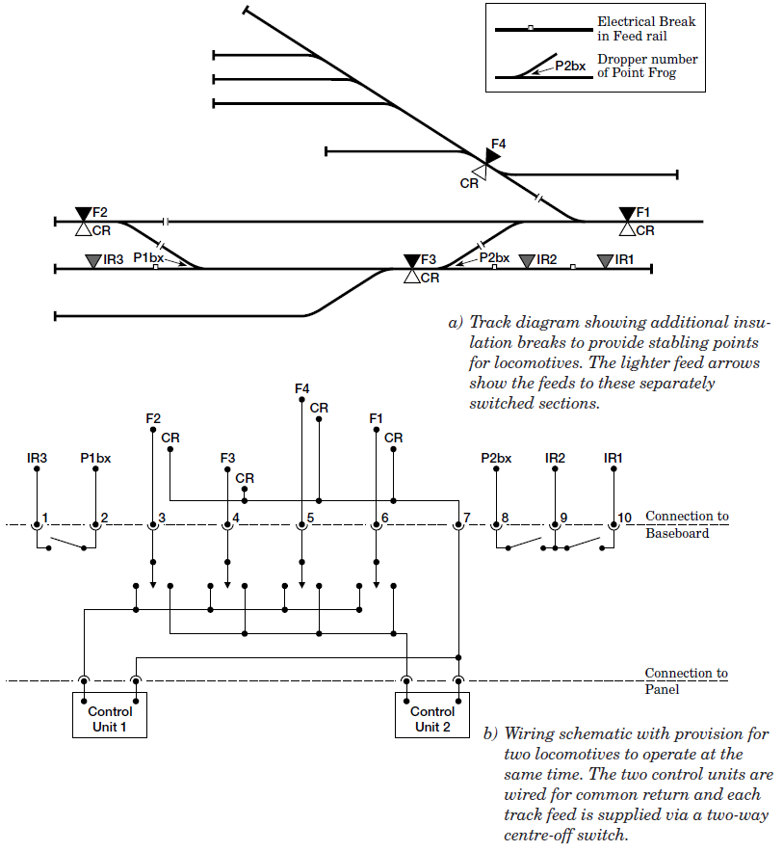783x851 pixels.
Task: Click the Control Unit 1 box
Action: (x=110, y=714)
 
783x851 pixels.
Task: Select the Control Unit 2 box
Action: (x=432, y=714)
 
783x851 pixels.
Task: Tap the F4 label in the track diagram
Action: (x=497, y=146)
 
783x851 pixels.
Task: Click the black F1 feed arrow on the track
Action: (x=627, y=213)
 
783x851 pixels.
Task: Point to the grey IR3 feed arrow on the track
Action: (x=92, y=260)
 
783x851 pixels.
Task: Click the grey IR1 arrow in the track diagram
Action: (x=604, y=260)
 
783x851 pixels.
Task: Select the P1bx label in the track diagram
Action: (x=147, y=258)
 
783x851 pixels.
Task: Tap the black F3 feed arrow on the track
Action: (x=412, y=260)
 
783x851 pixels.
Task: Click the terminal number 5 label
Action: (x=310, y=519)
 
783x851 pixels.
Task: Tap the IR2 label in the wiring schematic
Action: (x=555, y=458)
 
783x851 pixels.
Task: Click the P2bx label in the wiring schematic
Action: (x=496, y=458)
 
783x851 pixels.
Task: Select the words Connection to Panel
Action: (x=686, y=680)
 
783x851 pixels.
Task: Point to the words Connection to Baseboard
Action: (x=686, y=524)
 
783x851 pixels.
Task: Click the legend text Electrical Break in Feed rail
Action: (x=646, y=28)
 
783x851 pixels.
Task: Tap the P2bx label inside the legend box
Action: (x=570, y=66)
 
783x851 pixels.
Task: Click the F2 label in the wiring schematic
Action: (x=153, y=418)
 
